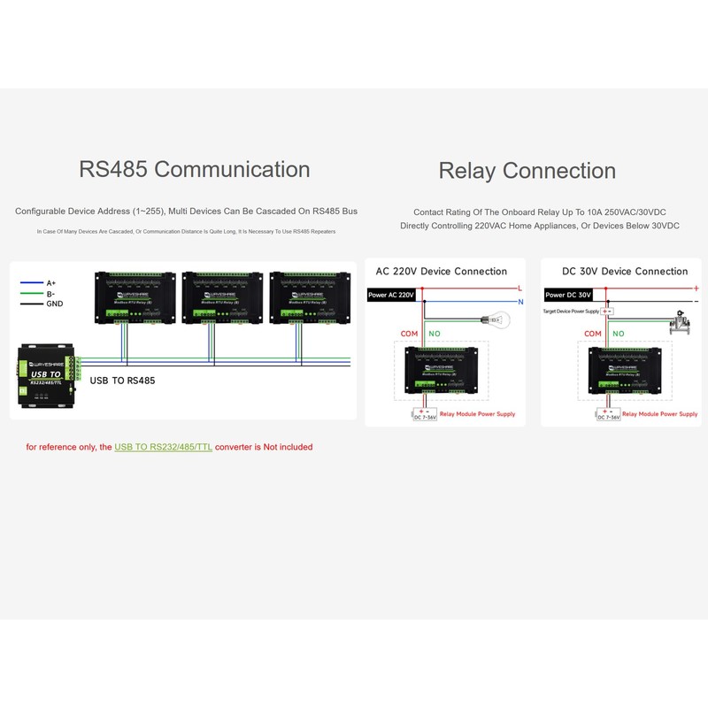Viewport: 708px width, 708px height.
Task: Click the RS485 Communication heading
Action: (x=195, y=169)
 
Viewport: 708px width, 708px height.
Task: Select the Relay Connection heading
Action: (x=527, y=171)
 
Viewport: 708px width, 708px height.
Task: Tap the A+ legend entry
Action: (x=50, y=283)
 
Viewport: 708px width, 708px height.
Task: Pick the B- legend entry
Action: (x=50, y=293)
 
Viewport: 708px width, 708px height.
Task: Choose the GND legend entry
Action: (x=55, y=304)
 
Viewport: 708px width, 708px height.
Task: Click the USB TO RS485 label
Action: (x=123, y=381)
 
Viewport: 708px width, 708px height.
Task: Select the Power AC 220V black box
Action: (x=391, y=295)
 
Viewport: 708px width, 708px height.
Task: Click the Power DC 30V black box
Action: (x=568, y=295)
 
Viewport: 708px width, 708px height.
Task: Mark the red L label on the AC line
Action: (x=519, y=289)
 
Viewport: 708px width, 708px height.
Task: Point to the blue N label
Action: (x=519, y=302)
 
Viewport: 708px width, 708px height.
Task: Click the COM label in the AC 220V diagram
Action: (x=409, y=334)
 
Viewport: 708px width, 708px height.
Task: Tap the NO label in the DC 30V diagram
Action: (x=618, y=334)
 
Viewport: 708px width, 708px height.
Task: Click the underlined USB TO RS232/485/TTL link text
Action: (x=163, y=447)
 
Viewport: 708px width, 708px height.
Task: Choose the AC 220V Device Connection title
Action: (x=442, y=272)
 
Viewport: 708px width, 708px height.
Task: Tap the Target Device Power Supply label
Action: (x=571, y=312)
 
